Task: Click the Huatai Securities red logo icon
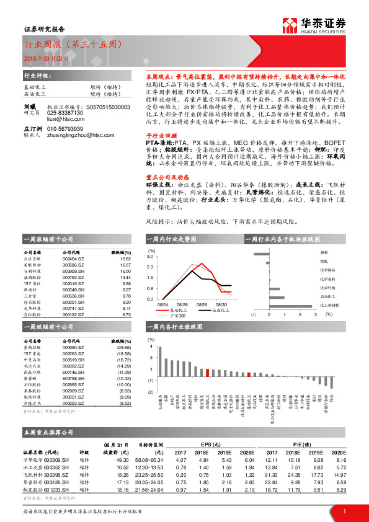289,24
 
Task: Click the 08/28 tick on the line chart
182,304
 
